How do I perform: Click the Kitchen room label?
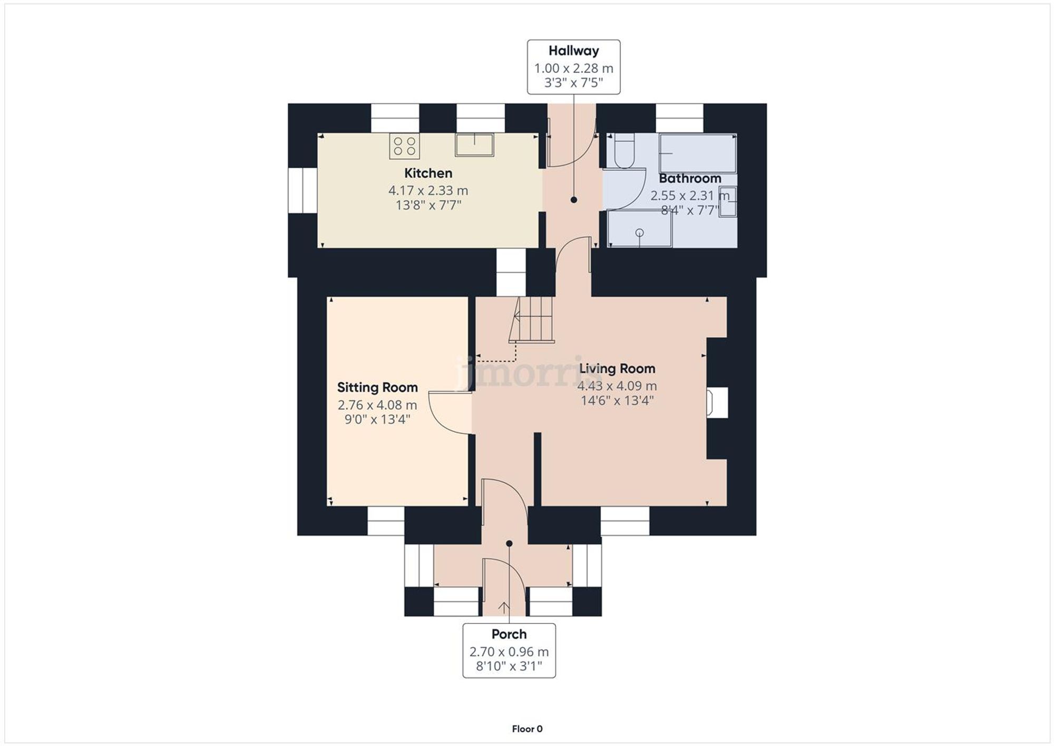(428, 173)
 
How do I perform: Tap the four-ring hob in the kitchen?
(404, 146)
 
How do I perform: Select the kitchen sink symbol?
(474, 145)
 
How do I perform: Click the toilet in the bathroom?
(624, 151)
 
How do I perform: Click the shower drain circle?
(640, 232)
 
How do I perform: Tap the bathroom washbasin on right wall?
(728, 201)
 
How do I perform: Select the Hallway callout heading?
(573, 51)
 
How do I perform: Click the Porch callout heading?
(509, 634)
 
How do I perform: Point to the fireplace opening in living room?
(718, 403)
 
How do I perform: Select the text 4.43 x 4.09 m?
(617, 386)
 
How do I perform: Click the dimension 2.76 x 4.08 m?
(377, 405)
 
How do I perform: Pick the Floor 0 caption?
(527, 729)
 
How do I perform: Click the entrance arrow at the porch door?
(504, 607)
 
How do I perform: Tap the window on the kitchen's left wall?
(302, 190)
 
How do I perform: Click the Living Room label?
(617, 369)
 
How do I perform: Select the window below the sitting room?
(386, 521)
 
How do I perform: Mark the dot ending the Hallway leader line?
(573, 200)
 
